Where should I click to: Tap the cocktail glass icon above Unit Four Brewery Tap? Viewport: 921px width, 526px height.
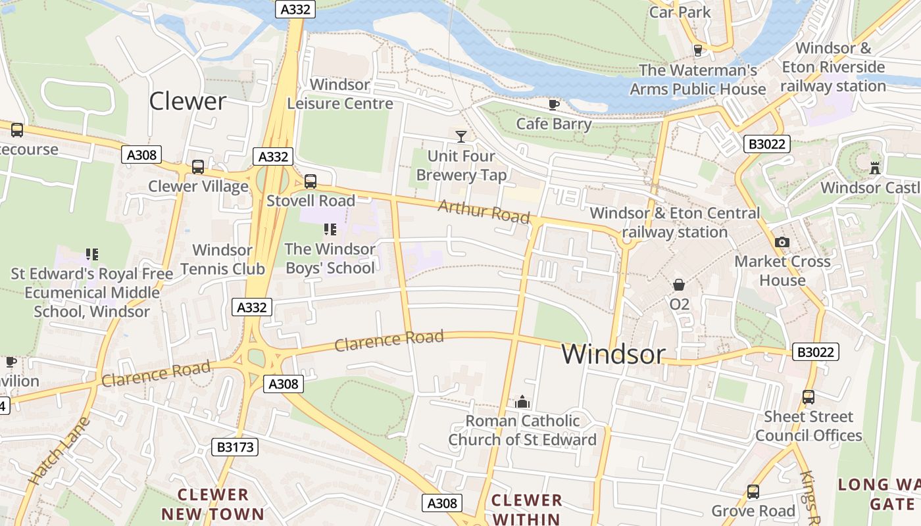click(461, 136)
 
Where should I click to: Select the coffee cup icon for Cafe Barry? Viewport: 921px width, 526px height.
click(554, 105)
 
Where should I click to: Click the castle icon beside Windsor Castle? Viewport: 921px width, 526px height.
click(874, 168)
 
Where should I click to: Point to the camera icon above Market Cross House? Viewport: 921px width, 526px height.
click(782, 242)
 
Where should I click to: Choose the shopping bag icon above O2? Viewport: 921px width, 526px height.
click(678, 285)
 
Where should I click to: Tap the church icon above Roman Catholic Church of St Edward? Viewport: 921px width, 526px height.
click(522, 401)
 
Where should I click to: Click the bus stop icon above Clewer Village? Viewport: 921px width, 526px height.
click(197, 167)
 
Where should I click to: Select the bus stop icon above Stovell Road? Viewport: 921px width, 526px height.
click(310, 181)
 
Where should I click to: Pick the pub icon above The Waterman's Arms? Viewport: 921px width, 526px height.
click(698, 51)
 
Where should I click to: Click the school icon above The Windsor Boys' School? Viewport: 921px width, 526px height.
click(330, 229)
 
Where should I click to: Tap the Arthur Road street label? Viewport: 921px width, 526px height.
click(484, 212)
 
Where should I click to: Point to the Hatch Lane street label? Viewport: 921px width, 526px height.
click(59, 452)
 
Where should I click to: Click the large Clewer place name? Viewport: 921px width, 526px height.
click(187, 101)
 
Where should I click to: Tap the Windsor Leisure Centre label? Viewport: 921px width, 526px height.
click(340, 94)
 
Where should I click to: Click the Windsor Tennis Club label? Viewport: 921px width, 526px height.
click(222, 259)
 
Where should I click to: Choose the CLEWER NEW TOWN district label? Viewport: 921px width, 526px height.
click(212, 504)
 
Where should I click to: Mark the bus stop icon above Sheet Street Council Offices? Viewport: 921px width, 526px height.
click(808, 397)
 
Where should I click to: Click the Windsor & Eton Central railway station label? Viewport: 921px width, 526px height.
click(674, 222)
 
